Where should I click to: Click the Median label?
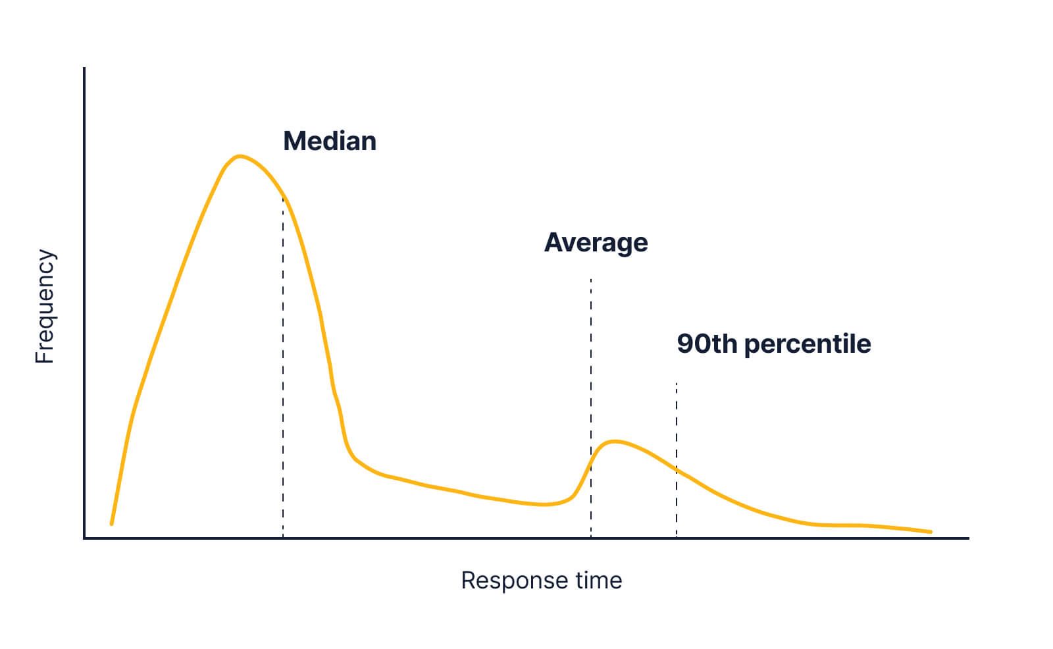click(329, 142)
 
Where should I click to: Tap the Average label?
click(596, 243)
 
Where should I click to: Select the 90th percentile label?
click(773, 344)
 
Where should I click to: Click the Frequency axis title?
click(45, 306)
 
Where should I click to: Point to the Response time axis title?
click(541, 581)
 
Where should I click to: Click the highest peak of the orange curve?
click(240, 156)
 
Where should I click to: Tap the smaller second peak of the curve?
click(614, 441)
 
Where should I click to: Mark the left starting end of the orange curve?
click(111, 524)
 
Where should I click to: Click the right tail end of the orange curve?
click(931, 532)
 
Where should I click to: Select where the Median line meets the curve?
click(283, 196)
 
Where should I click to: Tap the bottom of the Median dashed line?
click(283, 536)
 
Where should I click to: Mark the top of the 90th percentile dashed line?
click(677, 383)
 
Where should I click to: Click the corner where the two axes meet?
click(85, 538)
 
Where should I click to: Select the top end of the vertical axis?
click(85, 68)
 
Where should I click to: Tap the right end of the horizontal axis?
click(968, 538)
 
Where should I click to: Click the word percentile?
click(808, 344)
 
